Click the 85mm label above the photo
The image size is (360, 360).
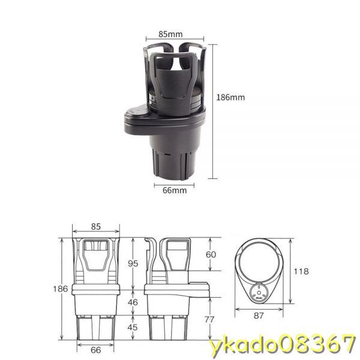(170, 34)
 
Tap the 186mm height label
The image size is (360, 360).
(230, 97)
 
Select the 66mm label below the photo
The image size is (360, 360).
(175, 190)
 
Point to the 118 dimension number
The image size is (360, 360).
(301, 271)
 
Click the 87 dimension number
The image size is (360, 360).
(259, 316)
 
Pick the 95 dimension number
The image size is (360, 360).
(133, 263)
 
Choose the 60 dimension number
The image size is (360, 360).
(211, 254)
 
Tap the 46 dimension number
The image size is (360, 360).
(133, 302)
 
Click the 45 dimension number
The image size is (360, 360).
(133, 327)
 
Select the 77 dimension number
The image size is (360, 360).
(209, 319)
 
